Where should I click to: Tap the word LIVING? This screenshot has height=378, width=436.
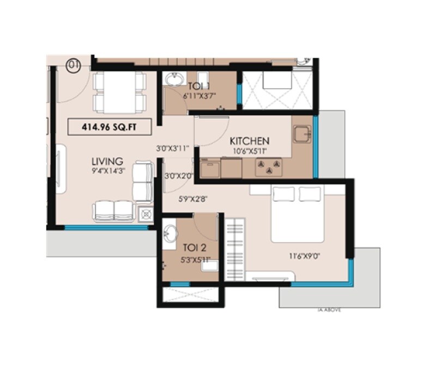point(107,162)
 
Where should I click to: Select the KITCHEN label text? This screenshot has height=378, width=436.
point(249,141)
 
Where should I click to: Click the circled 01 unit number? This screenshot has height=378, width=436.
point(73,65)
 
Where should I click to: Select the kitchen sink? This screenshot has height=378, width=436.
point(300,134)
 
